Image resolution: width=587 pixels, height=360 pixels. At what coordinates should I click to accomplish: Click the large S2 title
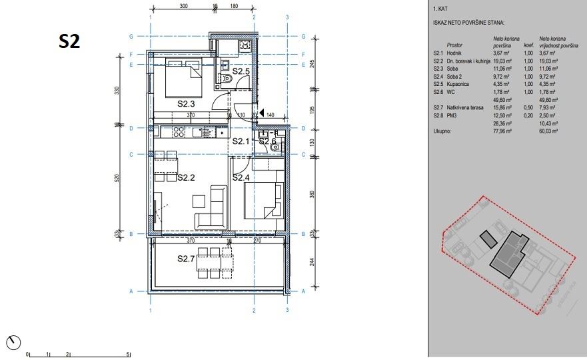click(69, 41)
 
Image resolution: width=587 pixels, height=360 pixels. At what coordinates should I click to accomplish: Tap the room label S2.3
click(186, 104)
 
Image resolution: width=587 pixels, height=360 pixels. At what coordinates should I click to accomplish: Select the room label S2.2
click(186, 177)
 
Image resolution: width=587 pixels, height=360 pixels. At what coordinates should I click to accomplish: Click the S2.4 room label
click(241, 177)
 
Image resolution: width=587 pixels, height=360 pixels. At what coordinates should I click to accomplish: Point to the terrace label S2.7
click(186, 259)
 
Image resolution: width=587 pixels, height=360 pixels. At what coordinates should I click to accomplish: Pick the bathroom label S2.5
click(241, 71)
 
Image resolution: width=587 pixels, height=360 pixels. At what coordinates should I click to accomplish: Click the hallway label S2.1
click(241, 141)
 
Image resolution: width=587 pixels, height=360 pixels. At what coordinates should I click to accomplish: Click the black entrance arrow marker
click(263, 114)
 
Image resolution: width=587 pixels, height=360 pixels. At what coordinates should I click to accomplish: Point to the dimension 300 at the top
click(184, 6)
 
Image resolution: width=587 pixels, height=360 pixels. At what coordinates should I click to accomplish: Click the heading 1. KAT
click(440, 9)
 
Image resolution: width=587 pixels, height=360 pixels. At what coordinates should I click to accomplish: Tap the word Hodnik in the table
click(455, 53)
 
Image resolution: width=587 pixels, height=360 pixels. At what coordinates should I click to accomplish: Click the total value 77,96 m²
click(502, 131)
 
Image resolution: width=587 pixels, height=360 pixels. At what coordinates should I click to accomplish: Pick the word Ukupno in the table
click(444, 131)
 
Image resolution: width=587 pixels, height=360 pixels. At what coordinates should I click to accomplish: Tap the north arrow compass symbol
click(13, 343)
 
